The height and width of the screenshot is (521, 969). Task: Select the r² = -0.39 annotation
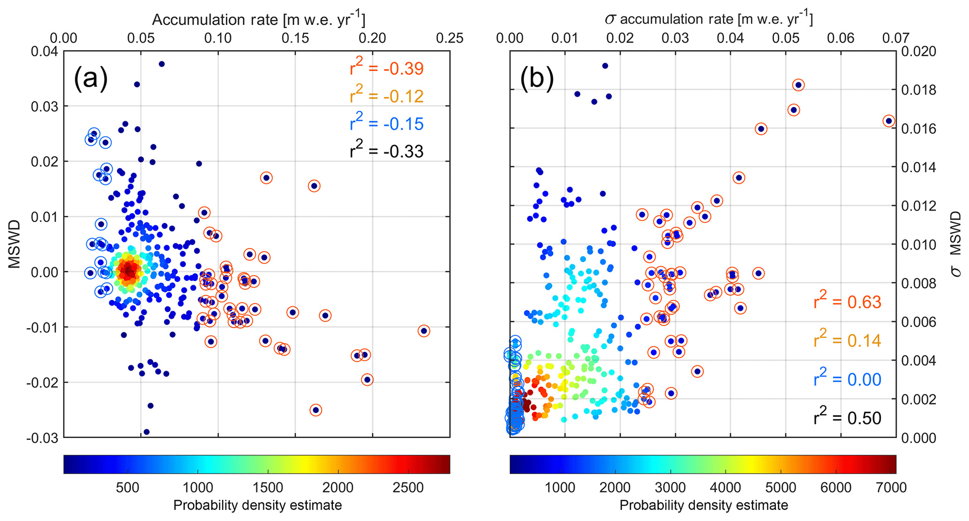(x=386, y=69)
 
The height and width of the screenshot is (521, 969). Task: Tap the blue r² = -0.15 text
(x=386, y=124)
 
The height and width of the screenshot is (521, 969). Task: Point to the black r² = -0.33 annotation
(x=386, y=152)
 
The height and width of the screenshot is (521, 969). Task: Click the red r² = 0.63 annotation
(x=847, y=302)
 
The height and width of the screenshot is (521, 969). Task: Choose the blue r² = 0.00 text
(x=847, y=379)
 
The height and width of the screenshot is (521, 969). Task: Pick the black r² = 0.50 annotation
(x=847, y=418)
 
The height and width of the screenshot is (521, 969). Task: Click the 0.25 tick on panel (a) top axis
(x=450, y=38)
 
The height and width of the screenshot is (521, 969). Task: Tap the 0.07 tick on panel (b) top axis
(x=895, y=38)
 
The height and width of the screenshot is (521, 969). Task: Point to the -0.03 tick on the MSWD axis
(x=42, y=437)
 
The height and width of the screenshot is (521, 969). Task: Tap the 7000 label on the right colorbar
(x=891, y=488)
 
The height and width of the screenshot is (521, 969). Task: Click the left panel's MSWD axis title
(x=15, y=244)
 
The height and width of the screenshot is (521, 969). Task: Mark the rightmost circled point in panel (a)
(x=424, y=331)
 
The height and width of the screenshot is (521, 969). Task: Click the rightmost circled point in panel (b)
(x=888, y=121)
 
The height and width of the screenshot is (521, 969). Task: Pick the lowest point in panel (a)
(x=146, y=432)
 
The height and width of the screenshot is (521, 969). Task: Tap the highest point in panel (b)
(x=605, y=66)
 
